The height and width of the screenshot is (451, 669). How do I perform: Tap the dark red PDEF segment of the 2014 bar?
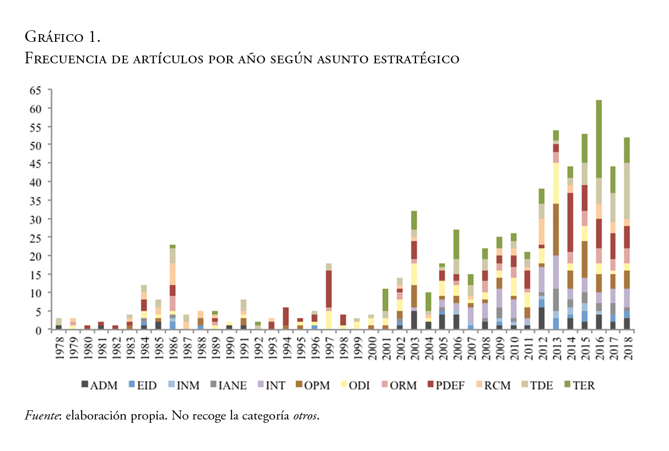(570, 222)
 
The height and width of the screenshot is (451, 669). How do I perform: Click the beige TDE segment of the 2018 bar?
(627, 190)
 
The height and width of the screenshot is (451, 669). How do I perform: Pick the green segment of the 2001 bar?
(386, 300)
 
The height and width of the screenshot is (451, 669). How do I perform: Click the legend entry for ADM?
(99, 385)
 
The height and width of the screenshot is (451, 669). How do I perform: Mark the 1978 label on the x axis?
(58, 347)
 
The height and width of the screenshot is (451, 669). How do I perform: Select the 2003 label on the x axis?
(414, 347)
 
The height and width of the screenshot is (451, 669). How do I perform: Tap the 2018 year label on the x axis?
(627, 347)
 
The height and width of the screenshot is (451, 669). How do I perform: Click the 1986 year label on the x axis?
(172, 347)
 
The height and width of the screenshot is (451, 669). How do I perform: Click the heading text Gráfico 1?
(62, 37)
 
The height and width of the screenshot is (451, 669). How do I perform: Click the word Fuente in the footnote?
(42, 416)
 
